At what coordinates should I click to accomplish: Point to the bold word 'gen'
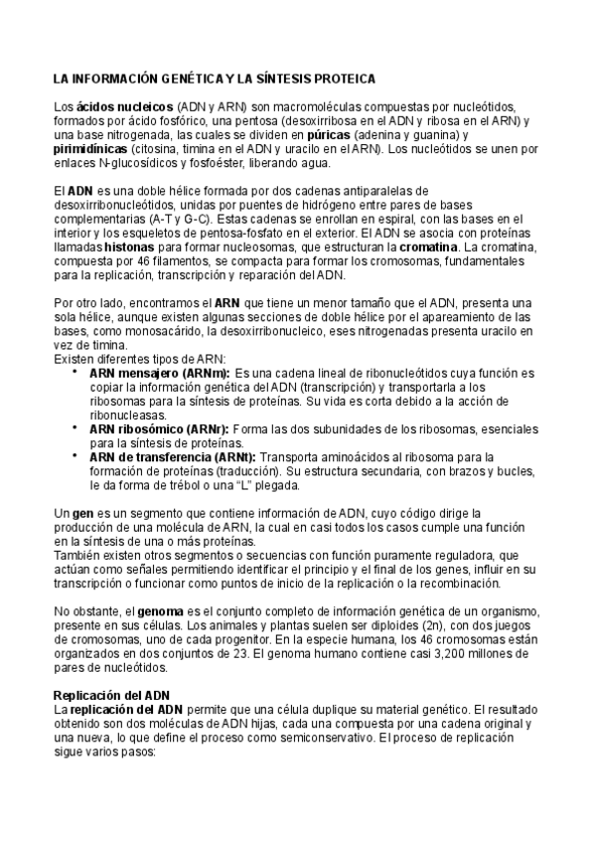(84, 512)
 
